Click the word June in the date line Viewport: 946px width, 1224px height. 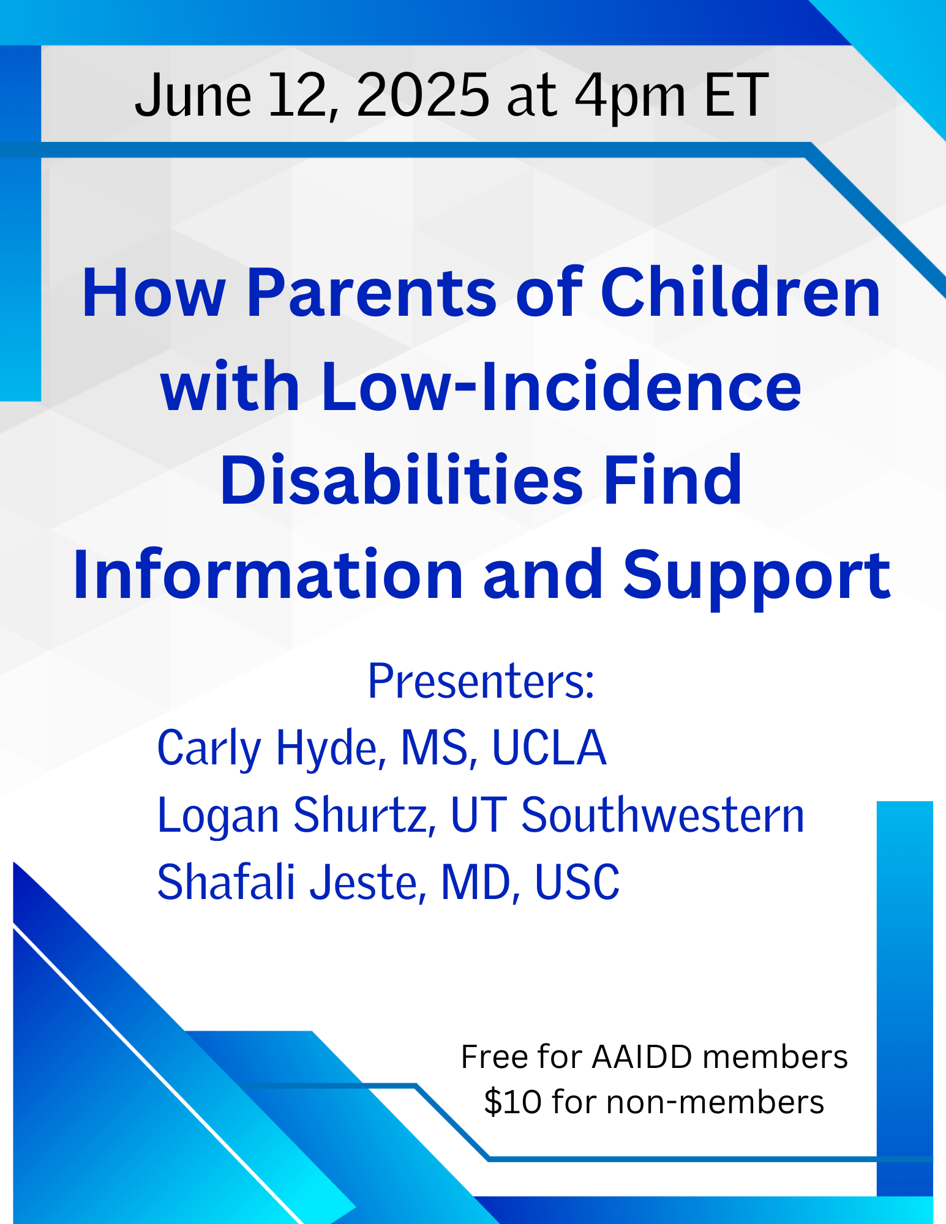(193, 95)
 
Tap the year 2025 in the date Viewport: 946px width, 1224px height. (423, 95)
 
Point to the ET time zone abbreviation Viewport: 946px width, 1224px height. (737, 95)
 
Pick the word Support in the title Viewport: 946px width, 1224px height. (757, 578)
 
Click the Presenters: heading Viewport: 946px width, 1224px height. (481, 681)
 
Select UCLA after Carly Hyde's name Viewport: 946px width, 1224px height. (549, 747)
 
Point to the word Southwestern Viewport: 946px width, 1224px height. (663, 815)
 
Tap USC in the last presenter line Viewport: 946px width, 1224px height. (577, 882)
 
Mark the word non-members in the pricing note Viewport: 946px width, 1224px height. (716, 1102)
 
